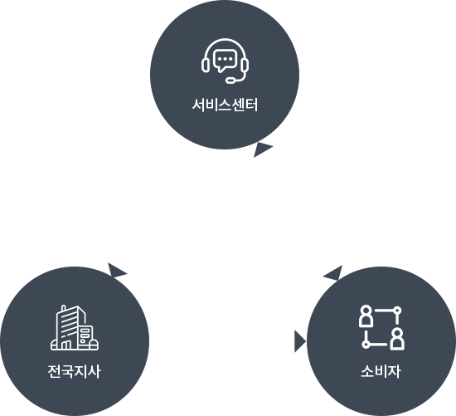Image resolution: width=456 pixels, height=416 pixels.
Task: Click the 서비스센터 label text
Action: (225, 105)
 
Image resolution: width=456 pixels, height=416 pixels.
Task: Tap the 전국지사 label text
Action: (75, 371)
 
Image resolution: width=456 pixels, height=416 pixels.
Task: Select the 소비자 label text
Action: (381, 371)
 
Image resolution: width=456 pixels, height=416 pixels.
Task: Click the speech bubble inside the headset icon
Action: (225, 60)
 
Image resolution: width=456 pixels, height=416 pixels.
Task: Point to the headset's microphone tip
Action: (231, 80)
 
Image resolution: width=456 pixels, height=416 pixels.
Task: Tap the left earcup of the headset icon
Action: (206, 65)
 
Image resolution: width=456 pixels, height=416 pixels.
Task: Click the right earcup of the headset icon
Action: (245, 65)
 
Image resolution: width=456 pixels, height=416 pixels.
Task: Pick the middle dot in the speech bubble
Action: (225, 59)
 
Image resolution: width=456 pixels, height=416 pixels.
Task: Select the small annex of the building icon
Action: (85, 336)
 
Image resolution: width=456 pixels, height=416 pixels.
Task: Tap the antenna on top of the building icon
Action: (64, 307)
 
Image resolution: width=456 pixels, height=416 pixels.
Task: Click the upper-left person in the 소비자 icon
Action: (366, 316)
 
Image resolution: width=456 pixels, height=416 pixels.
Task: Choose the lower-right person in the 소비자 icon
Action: (397, 339)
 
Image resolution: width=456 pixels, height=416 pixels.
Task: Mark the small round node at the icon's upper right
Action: (397, 311)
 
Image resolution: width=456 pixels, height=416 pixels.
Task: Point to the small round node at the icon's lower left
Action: (366, 345)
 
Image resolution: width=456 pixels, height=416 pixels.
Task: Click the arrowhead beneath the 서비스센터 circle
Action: (262, 149)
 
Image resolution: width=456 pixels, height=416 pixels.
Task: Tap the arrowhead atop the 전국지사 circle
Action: (117, 271)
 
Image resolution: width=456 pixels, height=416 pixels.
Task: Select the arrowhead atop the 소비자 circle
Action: (334, 273)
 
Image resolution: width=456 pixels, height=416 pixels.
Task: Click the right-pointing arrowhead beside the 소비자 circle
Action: (300, 341)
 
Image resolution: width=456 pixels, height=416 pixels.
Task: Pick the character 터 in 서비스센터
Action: (252, 105)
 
